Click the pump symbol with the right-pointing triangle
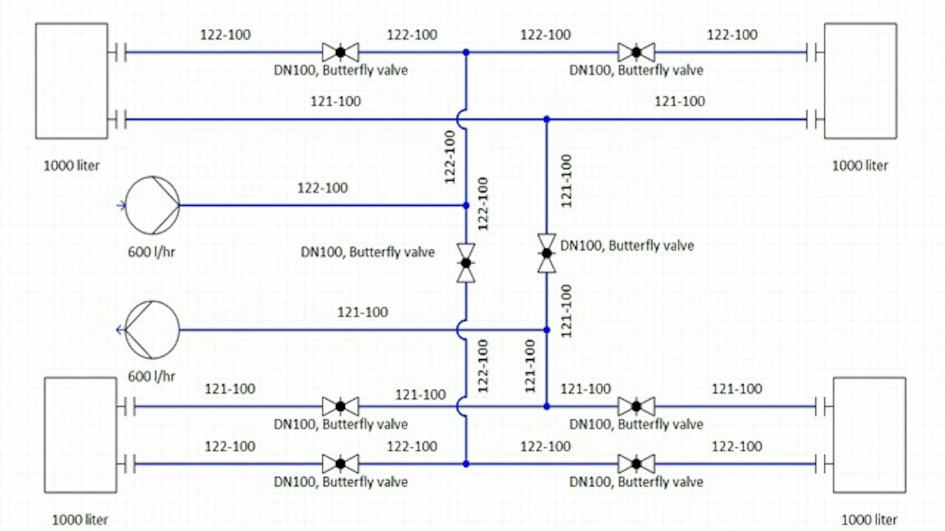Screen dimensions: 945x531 (x=152, y=205)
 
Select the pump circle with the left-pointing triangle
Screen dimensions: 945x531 (x=152, y=330)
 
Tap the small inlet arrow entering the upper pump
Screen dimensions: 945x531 (x=121, y=206)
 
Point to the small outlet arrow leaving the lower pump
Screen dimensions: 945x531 (x=120, y=330)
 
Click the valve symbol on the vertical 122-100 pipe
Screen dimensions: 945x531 (x=466, y=263)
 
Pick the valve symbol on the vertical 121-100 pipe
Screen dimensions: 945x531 (x=547, y=253)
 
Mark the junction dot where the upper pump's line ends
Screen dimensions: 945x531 (x=466, y=206)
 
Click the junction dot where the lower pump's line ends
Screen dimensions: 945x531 (x=547, y=330)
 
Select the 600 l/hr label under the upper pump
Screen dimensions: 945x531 (x=151, y=252)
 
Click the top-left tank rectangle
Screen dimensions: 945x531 (x=72, y=81)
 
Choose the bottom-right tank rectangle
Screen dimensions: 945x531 (x=870, y=435)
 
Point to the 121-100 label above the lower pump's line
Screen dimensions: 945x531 (x=362, y=312)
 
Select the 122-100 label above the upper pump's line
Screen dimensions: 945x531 (x=323, y=188)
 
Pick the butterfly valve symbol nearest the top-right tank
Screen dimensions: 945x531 (x=636, y=52)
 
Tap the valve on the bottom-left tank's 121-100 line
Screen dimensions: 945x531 (x=340, y=406)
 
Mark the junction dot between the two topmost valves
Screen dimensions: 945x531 (x=466, y=52)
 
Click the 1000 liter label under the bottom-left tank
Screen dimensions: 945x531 (x=80, y=520)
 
